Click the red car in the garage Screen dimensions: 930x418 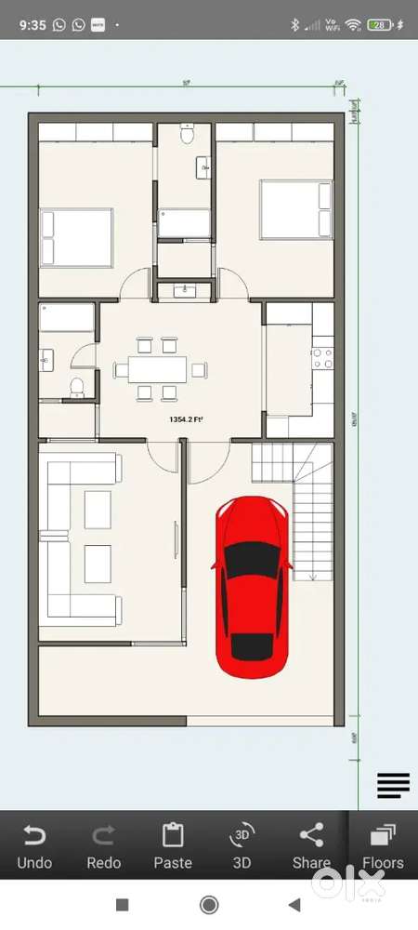pos(250,588)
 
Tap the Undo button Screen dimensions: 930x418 pos(34,845)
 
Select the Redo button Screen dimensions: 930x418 pos(104,845)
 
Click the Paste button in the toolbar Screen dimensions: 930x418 pos(173,845)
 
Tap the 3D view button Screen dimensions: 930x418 pos(242,845)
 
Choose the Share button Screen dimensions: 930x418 pos(311,845)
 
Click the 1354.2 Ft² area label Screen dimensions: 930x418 pos(187,420)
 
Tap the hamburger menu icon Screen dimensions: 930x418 pos(393,786)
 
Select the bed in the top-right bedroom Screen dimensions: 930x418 pos(294,209)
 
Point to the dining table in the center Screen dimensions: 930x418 pos(156,369)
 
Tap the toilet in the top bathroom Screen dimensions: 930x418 pos(187,135)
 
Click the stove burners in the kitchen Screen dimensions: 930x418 pos(322,359)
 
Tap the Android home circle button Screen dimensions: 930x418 pos(209,905)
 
